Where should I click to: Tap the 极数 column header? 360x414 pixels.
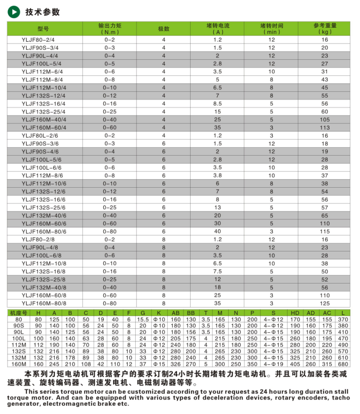[x=164, y=29]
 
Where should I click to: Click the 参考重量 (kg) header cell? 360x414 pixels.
[x=325, y=29]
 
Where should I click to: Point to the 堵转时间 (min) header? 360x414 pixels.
[x=272, y=29]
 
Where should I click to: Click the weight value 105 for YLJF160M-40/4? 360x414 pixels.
[x=325, y=120]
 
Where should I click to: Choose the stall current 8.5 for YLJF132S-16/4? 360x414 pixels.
[x=217, y=104]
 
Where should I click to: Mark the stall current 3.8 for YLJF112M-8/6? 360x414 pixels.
[x=217, y=175]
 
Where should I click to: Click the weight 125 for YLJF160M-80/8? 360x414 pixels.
[x=325, y=303]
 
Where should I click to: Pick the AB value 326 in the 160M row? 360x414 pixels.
[x=176, y=364]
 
